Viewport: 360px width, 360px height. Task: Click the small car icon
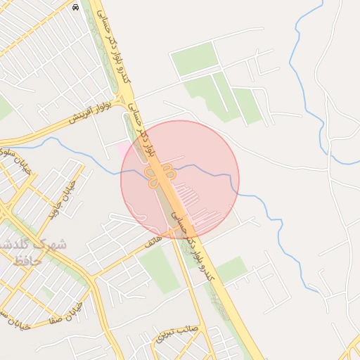[x=75, y=7]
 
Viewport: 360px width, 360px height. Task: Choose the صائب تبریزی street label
[x=177, y=333]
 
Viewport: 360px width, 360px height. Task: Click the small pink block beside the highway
[x=124, y=149]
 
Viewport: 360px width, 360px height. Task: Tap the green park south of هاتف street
[x=159, y=271]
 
